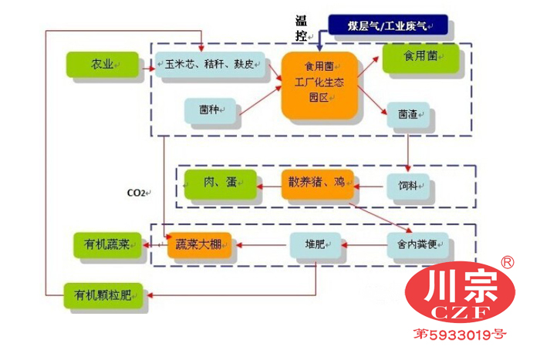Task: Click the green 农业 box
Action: [x=102, y=65]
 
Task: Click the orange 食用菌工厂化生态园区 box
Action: [x=319, y=86]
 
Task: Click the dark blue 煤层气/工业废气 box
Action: [x=388, y=25]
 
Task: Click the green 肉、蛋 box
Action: [x=220, y=183]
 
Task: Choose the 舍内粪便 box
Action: [x=417, y=246]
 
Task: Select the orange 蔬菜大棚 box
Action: [x=199, y=245]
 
